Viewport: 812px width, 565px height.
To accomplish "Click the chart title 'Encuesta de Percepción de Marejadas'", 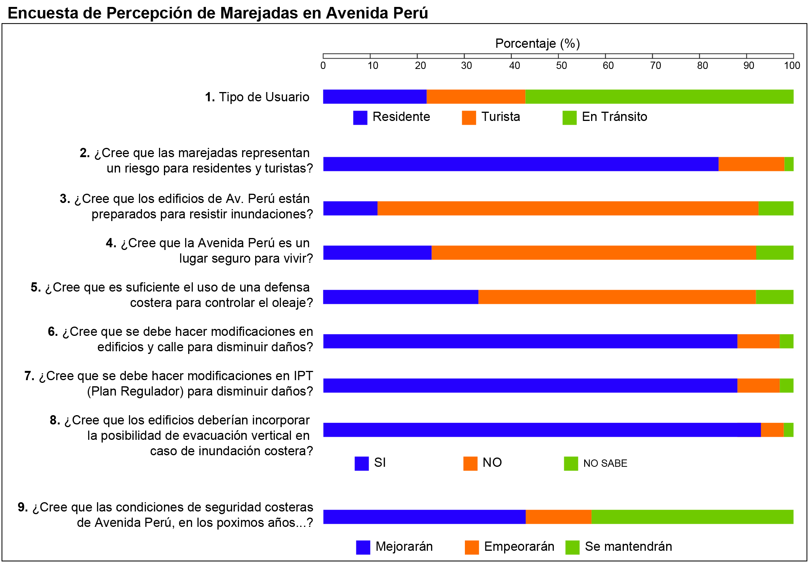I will click(217, 13).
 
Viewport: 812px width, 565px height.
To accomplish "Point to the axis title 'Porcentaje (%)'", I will click(537, 44).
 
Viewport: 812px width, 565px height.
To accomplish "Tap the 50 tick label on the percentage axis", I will click(561, 66).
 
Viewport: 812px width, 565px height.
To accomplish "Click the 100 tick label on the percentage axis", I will click(792, 66).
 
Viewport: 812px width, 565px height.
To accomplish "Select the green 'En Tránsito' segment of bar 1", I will click(659, 97).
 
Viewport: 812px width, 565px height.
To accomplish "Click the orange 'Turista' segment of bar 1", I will click(476, 97).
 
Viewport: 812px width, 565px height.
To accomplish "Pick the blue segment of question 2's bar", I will click(521, 164).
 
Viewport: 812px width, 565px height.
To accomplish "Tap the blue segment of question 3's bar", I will click(350, 208).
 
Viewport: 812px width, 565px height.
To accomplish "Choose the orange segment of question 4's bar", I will click(594, 253).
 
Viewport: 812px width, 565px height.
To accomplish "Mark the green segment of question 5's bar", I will click(774, 297).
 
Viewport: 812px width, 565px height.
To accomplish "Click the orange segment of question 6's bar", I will click(758, 341).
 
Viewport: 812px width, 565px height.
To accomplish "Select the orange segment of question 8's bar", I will click(772, 430).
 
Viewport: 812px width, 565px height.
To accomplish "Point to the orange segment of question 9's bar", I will click(558, 517).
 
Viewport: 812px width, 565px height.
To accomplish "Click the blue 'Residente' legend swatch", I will click(360, 118).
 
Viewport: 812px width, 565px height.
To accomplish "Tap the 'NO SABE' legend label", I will click(605, 463).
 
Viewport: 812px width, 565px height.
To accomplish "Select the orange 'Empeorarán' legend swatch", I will click(471, 547).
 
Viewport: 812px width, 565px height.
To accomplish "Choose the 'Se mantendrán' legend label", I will click(628, 547).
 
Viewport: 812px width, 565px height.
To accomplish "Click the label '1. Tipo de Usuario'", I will click(257, 97).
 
